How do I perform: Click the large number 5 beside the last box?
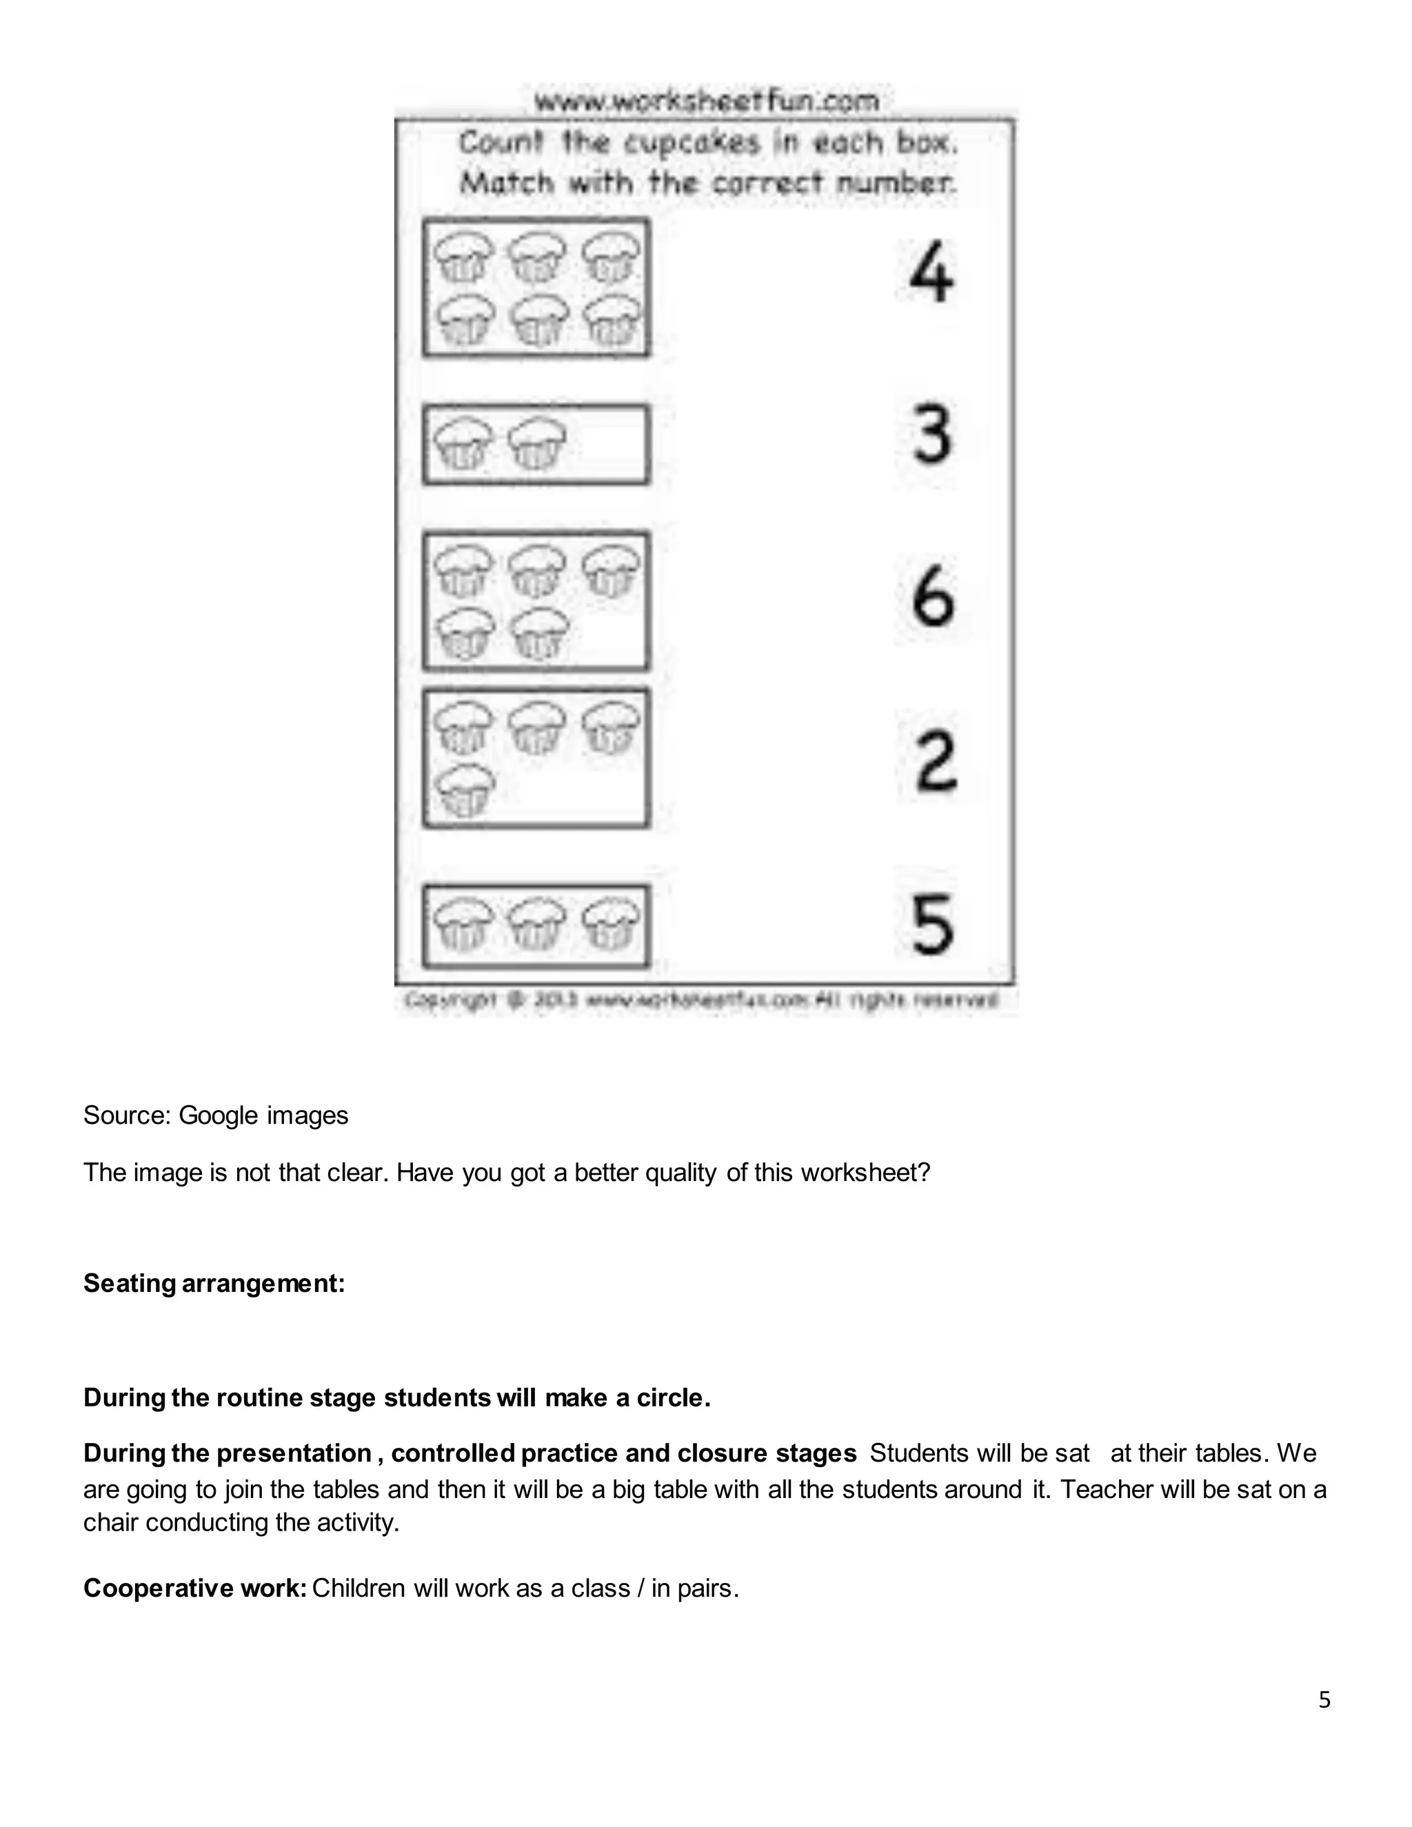coord(932,924)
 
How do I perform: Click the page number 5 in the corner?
coord(1324,1700)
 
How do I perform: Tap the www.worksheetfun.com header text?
coord(706,101)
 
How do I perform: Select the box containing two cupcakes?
coord(535,444)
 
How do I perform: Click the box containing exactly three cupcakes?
coord(535,926)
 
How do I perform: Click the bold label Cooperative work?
coord(195,1588)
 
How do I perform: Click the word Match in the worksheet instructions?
coord(506,183)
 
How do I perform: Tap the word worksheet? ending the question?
coord(865,1173)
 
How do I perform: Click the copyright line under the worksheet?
coord(701,1000)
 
